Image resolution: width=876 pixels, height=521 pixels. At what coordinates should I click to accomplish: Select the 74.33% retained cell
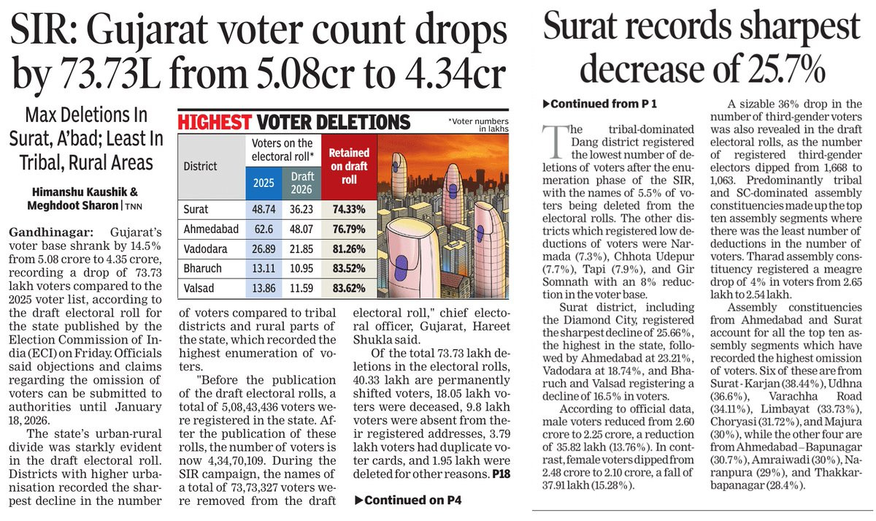pos(349,209)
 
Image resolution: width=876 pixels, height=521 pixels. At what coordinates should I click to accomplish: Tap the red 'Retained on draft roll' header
pos(349,166)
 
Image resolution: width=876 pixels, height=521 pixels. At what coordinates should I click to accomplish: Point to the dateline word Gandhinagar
pos(42,231)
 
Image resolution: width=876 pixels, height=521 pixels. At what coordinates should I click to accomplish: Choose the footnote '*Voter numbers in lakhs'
pos(477,124)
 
